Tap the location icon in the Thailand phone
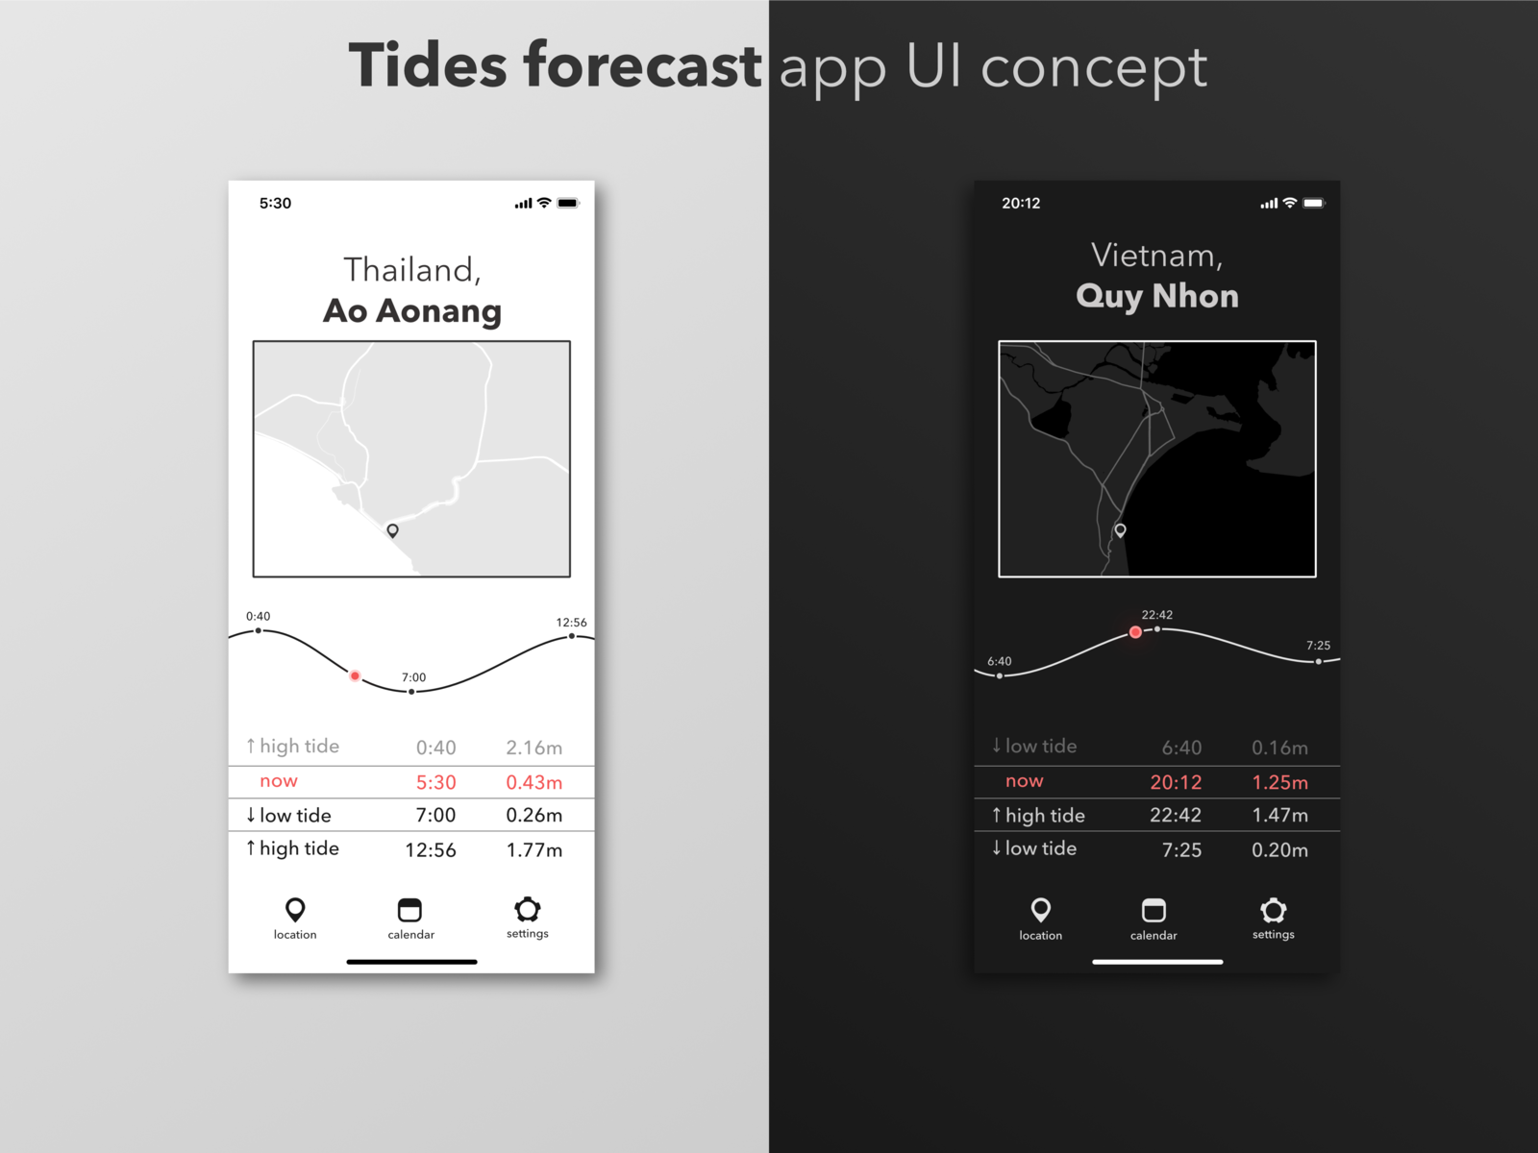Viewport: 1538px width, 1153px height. click(295, 910)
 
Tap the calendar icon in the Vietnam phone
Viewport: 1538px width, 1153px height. click(1153, 910)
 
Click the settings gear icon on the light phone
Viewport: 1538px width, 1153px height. click(528, 909)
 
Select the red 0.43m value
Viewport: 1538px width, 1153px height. click(533, 782)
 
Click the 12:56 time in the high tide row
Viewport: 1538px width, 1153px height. click(430, 849)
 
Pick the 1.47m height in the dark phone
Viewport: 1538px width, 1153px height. click(1279, 816)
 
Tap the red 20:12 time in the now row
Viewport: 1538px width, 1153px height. click(1176, 782)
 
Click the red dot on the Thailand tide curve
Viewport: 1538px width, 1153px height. click(355, 676)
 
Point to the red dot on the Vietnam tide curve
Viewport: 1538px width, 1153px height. click(1135, 632)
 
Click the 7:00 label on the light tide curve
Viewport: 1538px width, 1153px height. click(413, 677)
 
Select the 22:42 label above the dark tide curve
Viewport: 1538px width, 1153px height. click(1156, 615)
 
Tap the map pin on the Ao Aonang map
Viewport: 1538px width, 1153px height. click(392, 530)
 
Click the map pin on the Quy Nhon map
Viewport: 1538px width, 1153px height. click(1120, 530)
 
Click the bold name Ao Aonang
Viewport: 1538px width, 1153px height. click(411, 311)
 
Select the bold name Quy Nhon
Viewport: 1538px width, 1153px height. click(1156, 296)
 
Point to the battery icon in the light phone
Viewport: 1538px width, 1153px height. click(568, 203)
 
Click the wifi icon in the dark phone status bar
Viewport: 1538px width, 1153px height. click(1290, 203)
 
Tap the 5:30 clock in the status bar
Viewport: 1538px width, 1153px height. click(275, 203)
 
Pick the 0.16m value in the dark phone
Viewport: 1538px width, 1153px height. click(1279, 748)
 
